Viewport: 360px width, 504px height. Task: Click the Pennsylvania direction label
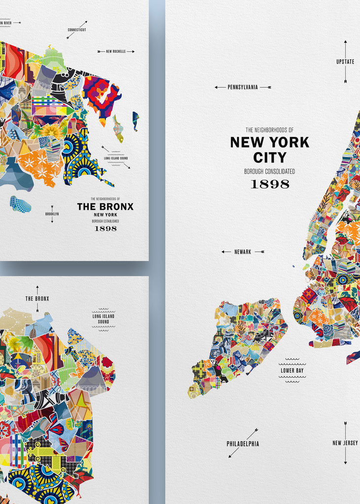242,87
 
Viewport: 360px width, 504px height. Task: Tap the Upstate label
345,62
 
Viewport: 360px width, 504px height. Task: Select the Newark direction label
242,252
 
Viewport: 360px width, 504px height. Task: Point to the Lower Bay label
292,370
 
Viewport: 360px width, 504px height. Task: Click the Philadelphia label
243,443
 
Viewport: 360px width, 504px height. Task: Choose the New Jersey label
345,443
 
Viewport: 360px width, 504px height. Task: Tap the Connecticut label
77,30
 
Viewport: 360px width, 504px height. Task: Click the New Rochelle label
115,51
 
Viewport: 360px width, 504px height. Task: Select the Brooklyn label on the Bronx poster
52,214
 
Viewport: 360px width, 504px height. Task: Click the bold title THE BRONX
105,207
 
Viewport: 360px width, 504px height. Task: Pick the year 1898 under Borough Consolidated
270,184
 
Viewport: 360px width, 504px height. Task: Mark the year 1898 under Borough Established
105,228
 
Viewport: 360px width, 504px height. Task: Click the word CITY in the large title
269,157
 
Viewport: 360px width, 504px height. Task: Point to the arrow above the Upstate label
345,48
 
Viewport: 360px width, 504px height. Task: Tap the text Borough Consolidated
270,171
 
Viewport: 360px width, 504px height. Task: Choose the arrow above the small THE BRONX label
37,289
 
